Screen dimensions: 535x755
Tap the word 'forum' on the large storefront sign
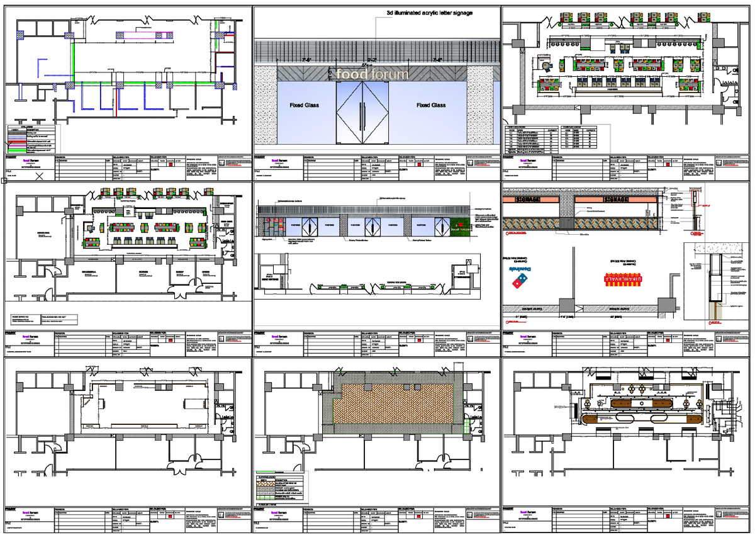point(388,74)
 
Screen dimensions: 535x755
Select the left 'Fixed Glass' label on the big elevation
point(304,105)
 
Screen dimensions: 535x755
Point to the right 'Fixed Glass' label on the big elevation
point(431,105)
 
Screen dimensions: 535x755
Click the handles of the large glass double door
point(362,114)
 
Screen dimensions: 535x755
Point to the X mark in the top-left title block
point(40,177)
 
